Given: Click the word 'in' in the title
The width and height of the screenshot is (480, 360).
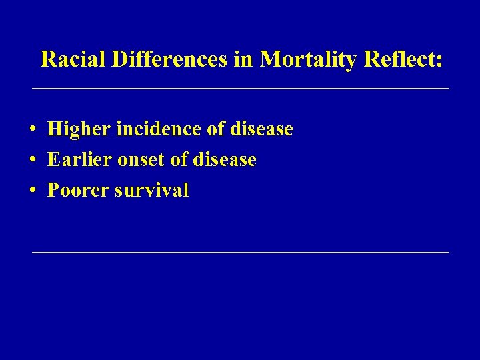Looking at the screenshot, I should pyautogui.click(x=244, y=59).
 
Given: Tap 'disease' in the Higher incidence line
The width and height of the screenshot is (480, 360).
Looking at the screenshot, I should pyautogui.click(x=261, y=129).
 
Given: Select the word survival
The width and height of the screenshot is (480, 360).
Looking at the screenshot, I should pyautogui.click(x=152, y=191).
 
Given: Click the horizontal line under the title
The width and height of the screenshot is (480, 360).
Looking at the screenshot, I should pyautogui.click(x=240, y=89).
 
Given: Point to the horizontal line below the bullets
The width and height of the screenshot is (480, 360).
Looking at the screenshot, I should pyautogui.click(x=240, y=253).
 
